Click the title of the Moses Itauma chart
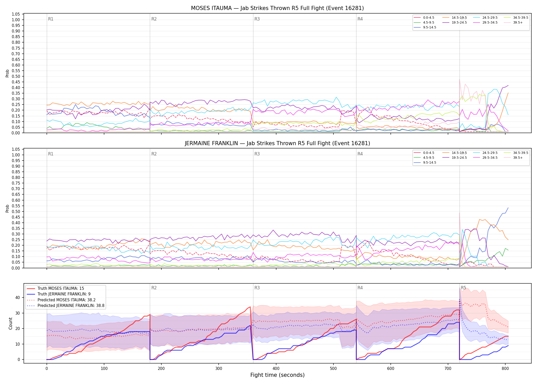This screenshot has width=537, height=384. (x=277, y=8)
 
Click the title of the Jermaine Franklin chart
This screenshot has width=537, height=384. (x=277, y=143)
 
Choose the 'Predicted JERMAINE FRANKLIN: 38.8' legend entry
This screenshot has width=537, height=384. (x=65, y=306)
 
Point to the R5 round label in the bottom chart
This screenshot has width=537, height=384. (x=463, y=288)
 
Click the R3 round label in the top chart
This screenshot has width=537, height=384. (x=257, y=19)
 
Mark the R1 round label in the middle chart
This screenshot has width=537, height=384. (x=51, y=154)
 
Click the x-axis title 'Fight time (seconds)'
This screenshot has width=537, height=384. (x=277, y=375)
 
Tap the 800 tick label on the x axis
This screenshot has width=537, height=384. (x=505, y=369)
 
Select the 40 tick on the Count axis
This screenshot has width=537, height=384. (x=18, y=297)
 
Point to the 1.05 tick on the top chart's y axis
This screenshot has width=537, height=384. (x=16, y=14)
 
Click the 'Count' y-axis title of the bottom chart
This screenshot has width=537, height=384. (x=10, y=323)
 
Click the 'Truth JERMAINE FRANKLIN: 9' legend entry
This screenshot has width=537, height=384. (x=59, y=294)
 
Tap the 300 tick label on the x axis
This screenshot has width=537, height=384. (x=219, y=369)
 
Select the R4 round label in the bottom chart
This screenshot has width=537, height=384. (x=360, y=288)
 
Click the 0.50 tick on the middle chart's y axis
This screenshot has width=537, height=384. (x=16, y=211)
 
